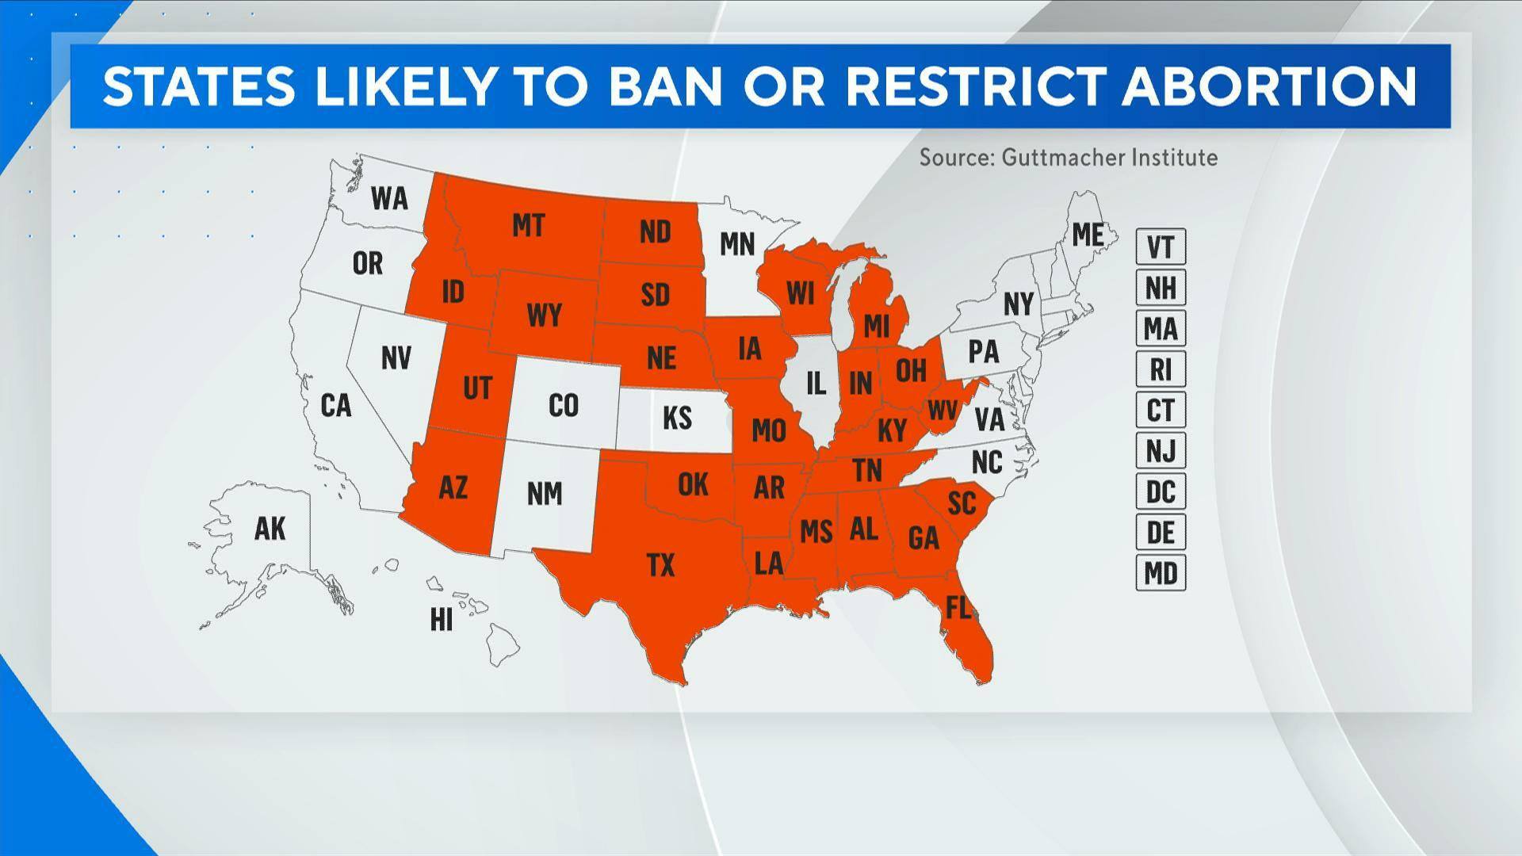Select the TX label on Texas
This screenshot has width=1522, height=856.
point(660,564)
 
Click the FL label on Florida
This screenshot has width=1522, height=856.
point(958,608)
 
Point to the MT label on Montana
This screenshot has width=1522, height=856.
point(528,226)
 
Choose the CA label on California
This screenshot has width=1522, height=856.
point(335,405)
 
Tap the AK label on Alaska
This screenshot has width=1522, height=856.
point(270,528)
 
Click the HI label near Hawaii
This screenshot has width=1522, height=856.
point(442,620)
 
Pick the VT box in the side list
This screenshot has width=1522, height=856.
point(1161,247)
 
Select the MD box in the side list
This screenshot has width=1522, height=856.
point(1161,572)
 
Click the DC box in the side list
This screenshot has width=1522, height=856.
point(1161,491)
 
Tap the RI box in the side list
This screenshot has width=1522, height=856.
point(1161,369)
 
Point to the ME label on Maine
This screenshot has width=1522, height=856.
point(1088,235)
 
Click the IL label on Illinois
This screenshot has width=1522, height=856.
point(816,384)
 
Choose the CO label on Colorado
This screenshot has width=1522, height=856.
point(563,405)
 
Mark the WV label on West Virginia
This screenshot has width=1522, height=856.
point(943,410)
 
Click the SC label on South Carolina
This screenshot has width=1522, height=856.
point(962,502)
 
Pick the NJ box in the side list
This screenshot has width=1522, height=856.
point(1161,451)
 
